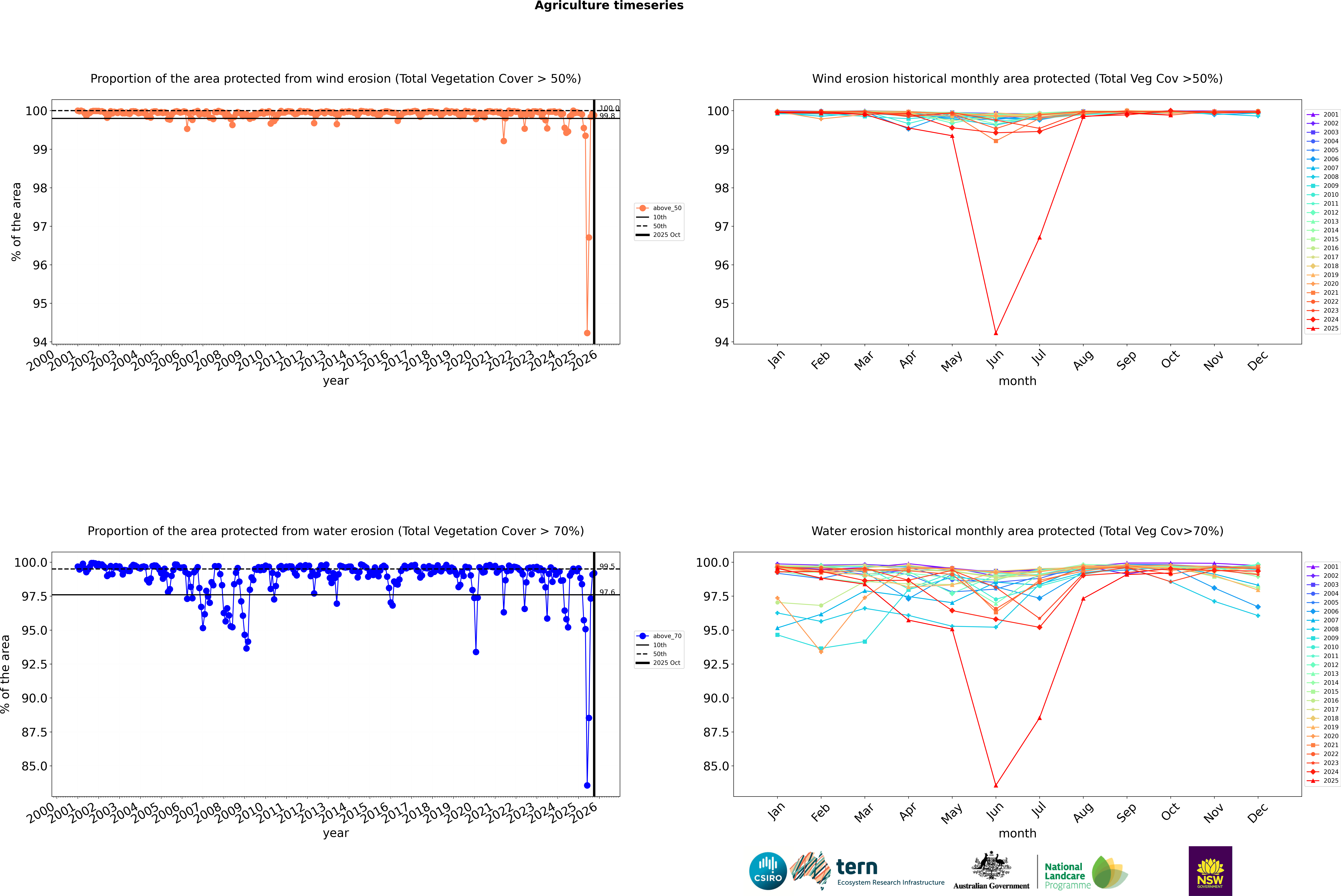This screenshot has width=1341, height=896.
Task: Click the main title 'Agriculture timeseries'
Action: [x=609, y=6]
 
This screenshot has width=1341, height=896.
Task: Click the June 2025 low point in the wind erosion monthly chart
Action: [x=996, y=333]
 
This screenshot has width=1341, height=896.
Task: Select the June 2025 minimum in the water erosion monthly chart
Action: [x=996, y=785]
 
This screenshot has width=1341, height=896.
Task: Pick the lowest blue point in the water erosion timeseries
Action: [x=587, y=785]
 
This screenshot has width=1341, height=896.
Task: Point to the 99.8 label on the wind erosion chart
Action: [x=607, y=116]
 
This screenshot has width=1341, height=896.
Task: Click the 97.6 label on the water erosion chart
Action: [x=607, y=593]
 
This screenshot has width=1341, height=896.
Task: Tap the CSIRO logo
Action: [x=768, y=871]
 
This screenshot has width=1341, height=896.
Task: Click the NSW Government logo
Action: [x=1210, y=871]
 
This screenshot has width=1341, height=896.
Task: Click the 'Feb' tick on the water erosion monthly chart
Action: [x=821, y=813]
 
